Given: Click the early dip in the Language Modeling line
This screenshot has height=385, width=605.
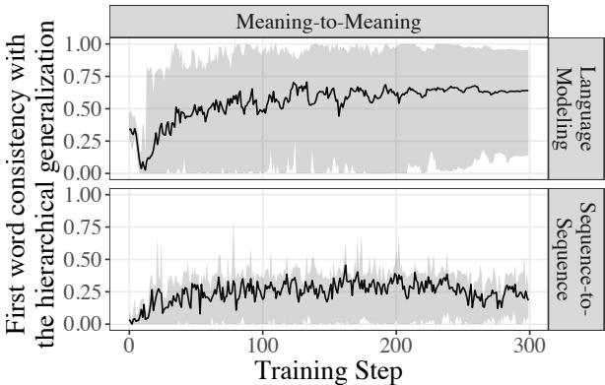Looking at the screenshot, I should point(143,167).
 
